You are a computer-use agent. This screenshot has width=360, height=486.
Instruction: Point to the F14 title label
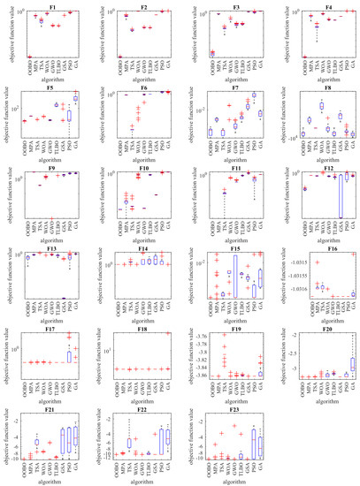[x=146, y=250]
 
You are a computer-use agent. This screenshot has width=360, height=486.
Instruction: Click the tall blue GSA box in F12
[x=341, y=194]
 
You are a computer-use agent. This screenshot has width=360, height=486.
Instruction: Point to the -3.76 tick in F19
[x=202, y=338]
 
